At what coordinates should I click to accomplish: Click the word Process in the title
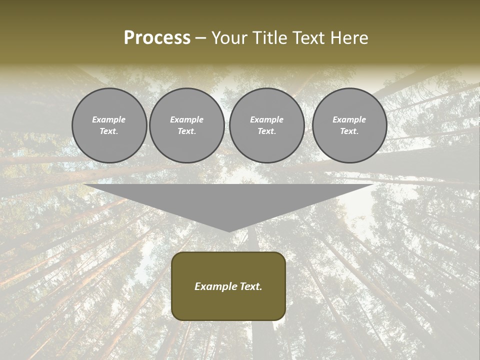click(157, 38)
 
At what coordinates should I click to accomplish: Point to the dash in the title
click(201, 38)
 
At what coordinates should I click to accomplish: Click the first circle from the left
click(109, 125)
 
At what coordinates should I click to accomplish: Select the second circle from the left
click(187, 125)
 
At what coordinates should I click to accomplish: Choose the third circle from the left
click(267, 125)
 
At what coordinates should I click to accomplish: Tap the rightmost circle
click(349, 125)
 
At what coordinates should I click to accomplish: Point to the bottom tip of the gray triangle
click(229, 231)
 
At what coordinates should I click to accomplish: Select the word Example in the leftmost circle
click(109, 119)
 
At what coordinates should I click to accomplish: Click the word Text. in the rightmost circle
click(349, 131)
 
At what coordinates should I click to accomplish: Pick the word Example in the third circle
click(267, 119)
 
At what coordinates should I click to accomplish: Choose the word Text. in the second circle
click(187, 131)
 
